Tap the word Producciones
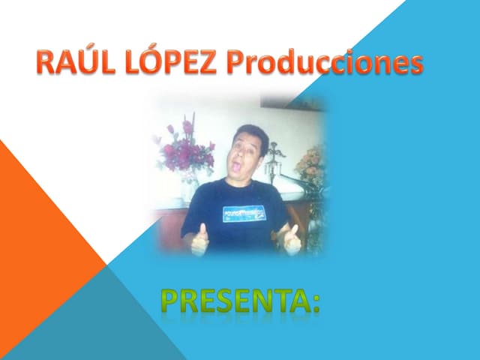coord(324,64)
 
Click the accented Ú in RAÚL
coord(82,62)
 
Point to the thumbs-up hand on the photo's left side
coord(200,241)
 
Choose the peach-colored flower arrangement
coord(310,160)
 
